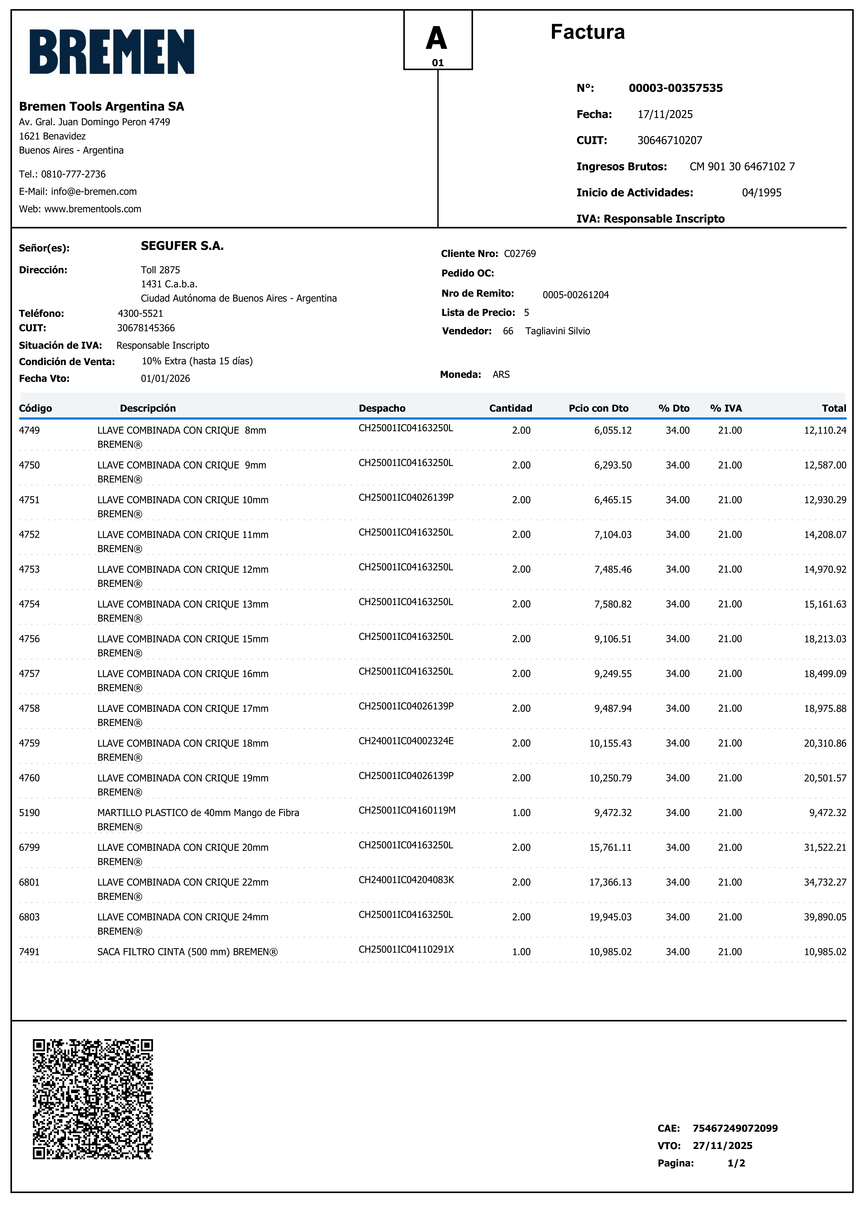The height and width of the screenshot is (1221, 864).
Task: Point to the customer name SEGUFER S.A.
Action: click(x=182, y=246)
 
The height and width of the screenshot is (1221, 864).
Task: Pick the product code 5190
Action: click(x=29, y=812)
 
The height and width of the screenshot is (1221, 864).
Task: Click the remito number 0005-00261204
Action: click(x=576, y=295)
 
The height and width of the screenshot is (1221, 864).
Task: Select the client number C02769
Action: click(x=520, y=254)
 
